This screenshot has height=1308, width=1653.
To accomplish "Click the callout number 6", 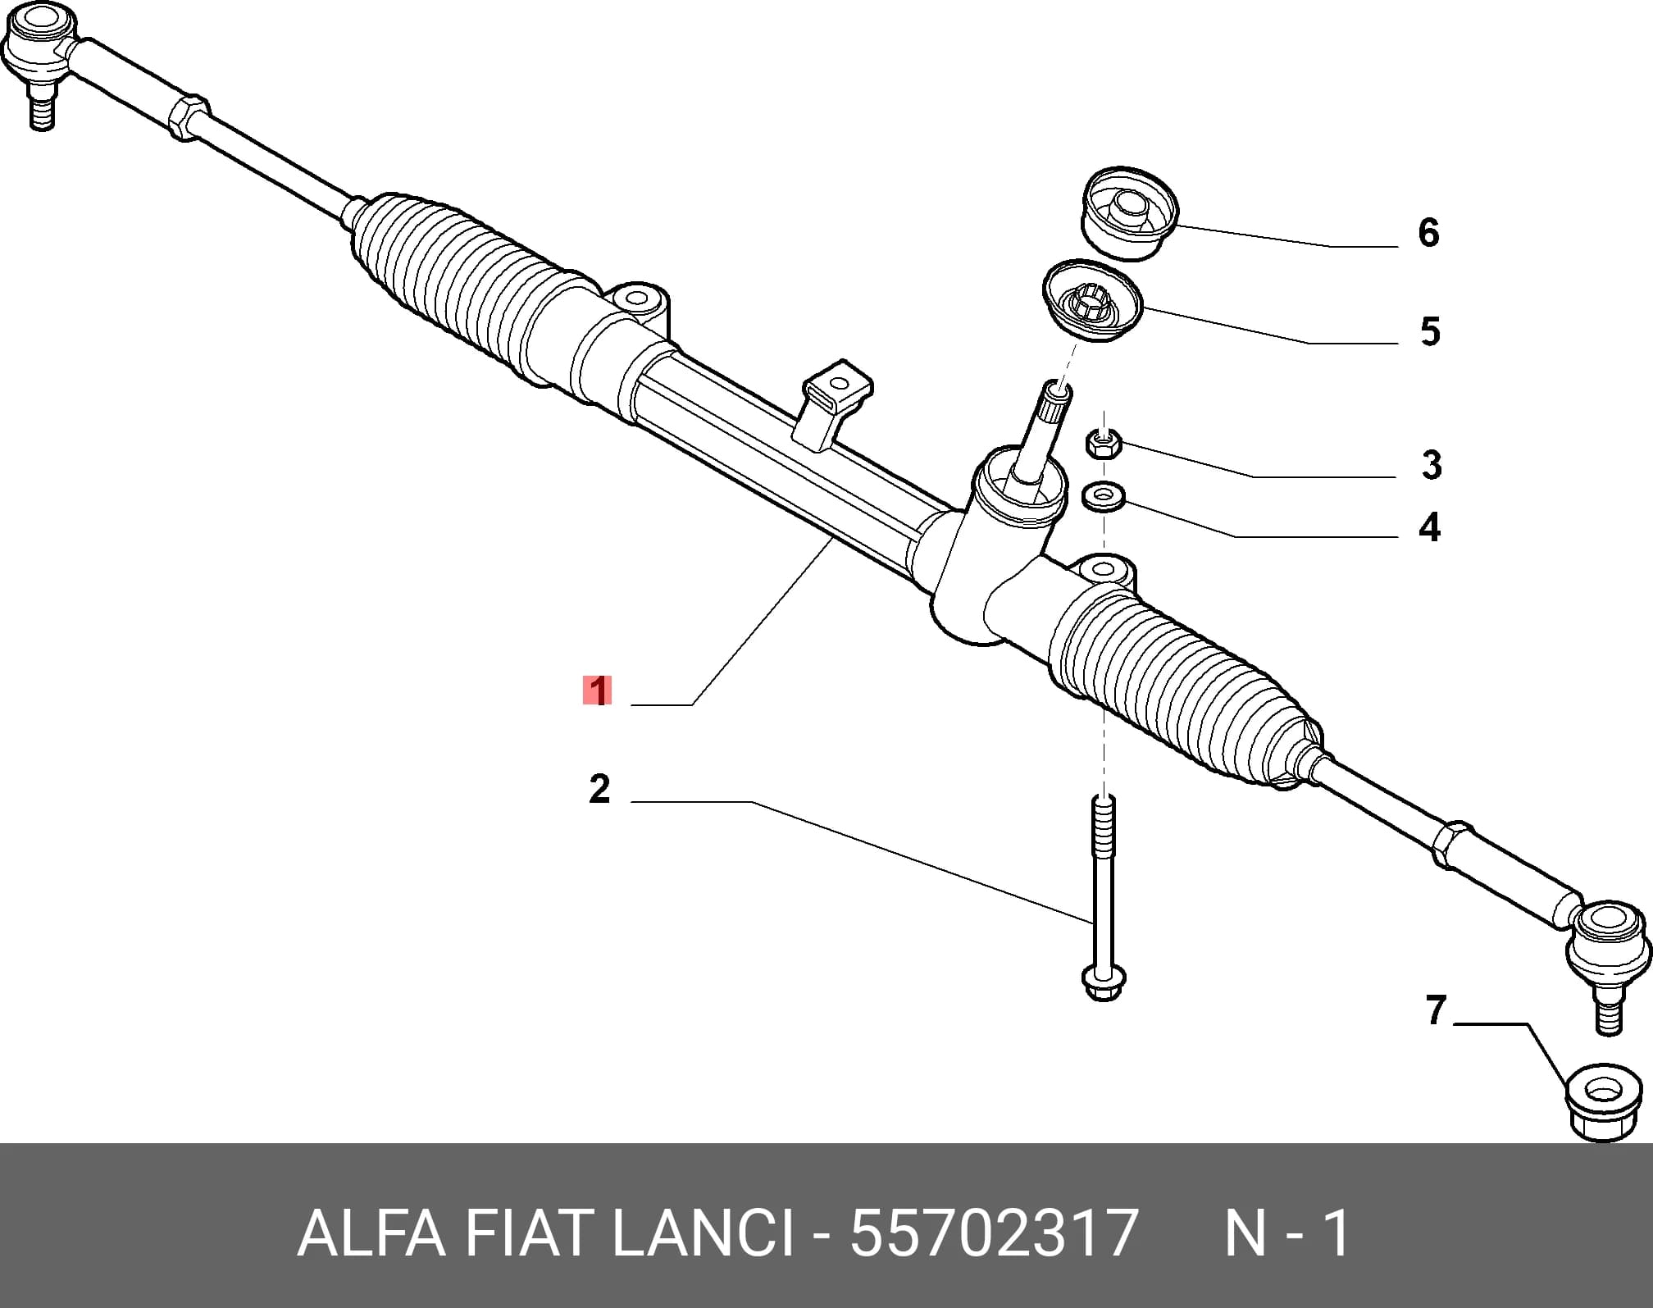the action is point(1428,233).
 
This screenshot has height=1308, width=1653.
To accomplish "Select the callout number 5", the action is point(1430,332).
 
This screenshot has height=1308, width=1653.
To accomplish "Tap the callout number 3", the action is point(1432,465).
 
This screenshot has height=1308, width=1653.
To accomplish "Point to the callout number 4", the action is point(1430,527).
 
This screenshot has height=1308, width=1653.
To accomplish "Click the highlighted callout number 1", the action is point(599,690).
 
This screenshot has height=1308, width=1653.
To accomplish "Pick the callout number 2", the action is point(599,789).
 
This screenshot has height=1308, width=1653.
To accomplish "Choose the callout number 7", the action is point(1436,1010).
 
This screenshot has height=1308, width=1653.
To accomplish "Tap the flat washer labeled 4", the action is point(1104,495).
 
